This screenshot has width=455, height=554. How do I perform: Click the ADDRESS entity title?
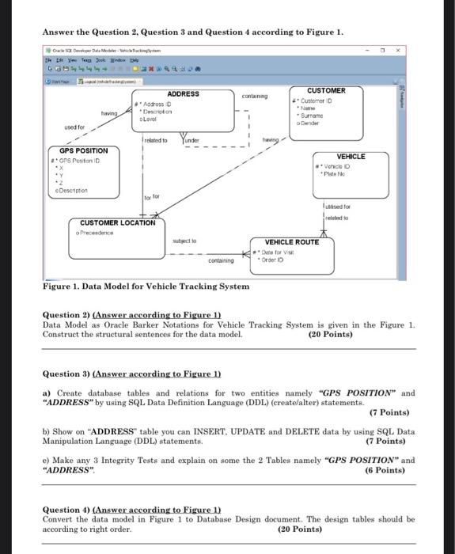(x=183, y=94)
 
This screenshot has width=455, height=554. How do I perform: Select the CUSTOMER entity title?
(x=325, y=91)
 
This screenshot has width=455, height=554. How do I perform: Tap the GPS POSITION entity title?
(x=84, y=150)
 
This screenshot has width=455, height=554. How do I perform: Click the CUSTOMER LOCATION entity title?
(x=117, y=223)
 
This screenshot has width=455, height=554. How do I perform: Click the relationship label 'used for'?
(x=75, y=127)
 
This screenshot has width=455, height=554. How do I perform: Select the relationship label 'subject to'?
(x=184, y=240)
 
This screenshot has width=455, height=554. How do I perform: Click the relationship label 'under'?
(x=192, y=140)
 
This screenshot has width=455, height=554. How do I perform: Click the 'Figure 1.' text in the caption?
(x=62, y=286)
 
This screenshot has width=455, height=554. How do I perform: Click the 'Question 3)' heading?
(x=66, y=374)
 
